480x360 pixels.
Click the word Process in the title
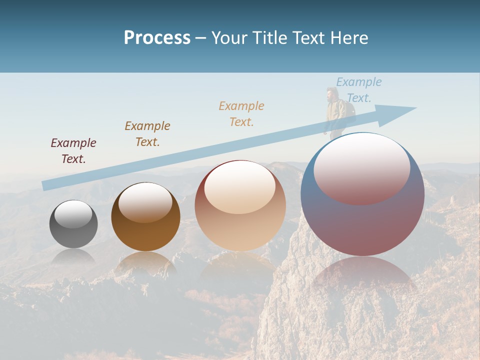[157, 37]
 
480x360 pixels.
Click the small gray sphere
[73, 224]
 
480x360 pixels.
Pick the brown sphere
[145, 216]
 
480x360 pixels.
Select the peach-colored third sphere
[240, 205]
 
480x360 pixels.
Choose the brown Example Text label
[147, 134]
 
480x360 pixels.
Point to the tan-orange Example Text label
[241, 113]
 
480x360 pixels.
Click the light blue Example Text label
[359, 90]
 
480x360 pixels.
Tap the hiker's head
[331, 93]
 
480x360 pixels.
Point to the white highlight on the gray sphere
[73, 214]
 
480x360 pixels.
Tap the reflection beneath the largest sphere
[362, 275]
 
